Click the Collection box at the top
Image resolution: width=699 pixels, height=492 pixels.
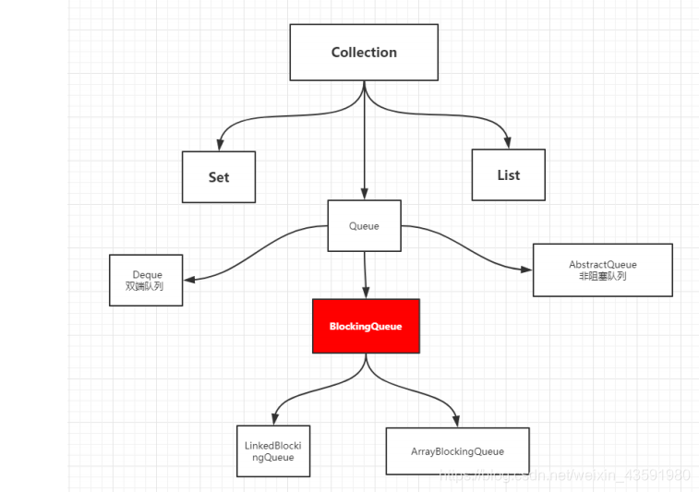pos(364,52)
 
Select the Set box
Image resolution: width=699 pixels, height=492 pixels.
pos(219,177)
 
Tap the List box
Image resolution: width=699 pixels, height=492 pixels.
pos(509,174)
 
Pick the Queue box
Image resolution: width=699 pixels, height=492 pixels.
pos(364,225)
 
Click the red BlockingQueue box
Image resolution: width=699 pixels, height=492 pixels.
pos(366,326)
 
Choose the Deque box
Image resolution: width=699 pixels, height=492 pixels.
pos(146,281)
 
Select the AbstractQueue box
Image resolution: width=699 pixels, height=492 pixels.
pos(603,270)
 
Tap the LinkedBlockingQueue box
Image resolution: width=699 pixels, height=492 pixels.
pos(273,451)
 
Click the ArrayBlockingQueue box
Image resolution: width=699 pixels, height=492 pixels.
pos(457,451)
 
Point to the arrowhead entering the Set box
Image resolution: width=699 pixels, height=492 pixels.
pos(220,145)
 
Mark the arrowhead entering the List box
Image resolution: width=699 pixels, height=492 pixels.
pos(507,142)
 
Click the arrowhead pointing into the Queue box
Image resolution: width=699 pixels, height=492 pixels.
pos(364,194)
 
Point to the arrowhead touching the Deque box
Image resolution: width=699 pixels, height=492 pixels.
pos(189,280)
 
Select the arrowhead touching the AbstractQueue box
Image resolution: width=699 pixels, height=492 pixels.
pos(526,270)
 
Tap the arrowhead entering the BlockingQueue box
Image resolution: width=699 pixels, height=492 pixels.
pos(366,293)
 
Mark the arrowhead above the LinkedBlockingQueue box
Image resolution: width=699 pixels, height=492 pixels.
pos(275,419)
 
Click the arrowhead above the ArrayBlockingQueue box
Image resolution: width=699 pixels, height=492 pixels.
pos(456,421)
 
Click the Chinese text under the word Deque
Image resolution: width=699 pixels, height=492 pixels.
pos(144,286)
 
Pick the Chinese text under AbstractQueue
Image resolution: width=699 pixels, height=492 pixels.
pos(603,276)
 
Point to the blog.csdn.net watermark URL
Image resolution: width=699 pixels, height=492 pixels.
pos(565,475)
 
